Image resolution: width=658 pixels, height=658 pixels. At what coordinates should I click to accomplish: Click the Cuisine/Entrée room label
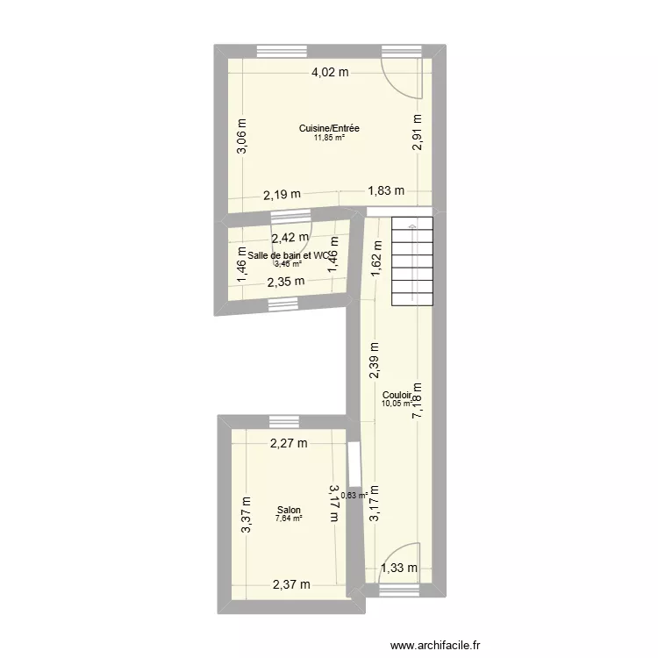(329, 128)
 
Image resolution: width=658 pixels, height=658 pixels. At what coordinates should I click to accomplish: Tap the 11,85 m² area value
(329, 138)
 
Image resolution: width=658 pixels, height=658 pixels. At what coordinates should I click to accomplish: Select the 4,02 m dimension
(330, 74)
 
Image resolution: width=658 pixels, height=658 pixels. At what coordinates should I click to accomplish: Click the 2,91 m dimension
(418, 133)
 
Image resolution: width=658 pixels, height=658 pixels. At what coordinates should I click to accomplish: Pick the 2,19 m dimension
(282, 195)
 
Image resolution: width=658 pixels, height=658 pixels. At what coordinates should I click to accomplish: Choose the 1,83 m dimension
(386, 190)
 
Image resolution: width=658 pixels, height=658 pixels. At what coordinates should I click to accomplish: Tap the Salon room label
(288, 510)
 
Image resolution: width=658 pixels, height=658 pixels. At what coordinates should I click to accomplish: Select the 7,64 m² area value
(288, 519)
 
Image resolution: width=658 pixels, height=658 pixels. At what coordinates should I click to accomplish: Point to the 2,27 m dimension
(288, 443)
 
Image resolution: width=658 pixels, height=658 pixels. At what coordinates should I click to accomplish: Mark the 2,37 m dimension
(290, 584)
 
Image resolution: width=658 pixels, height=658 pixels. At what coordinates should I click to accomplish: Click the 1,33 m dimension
(399, 569)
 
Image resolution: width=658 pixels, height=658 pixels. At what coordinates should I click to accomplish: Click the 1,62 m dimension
(375, 261)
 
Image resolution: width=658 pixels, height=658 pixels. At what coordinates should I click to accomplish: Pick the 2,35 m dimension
(286, 282)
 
